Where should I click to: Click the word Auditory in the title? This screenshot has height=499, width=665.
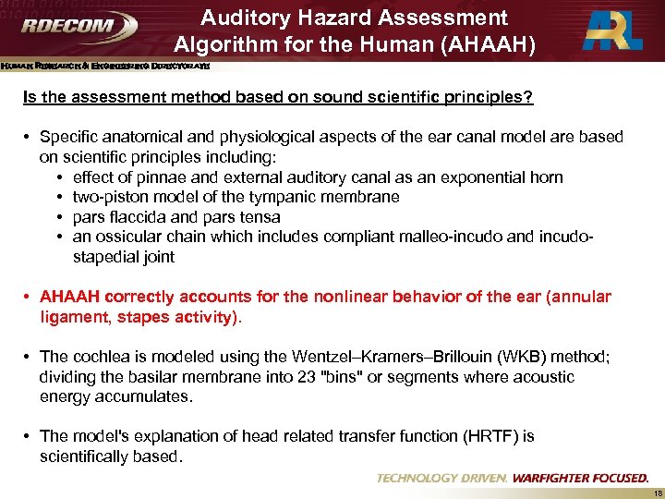(x=248, y=18)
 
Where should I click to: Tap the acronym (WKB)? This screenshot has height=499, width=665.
(x=499, y=357)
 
